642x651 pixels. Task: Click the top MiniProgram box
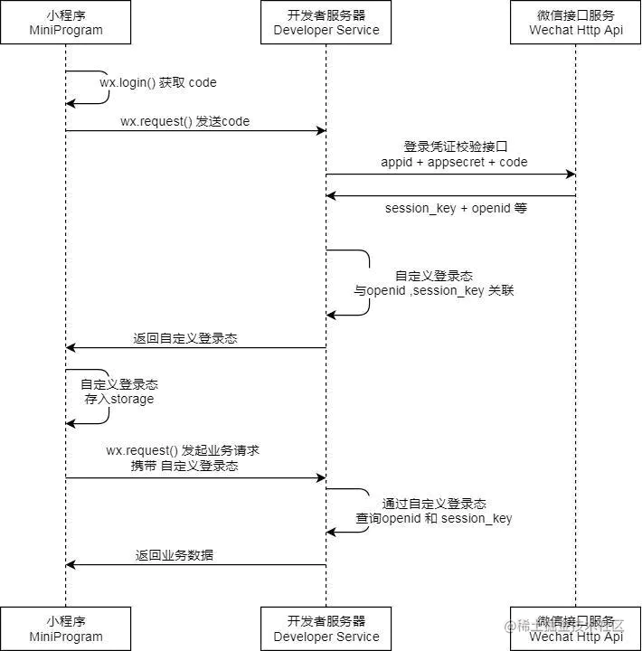point(65,23)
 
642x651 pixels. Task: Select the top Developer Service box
point(326,23)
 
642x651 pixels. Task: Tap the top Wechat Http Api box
point(576,23)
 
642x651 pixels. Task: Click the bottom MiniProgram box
point(65,628)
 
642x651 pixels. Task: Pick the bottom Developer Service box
point(326,628)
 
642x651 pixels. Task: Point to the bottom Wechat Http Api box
point(576,628)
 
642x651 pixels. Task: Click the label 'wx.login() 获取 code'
point(158,82)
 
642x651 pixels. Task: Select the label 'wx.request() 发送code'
point(184,121)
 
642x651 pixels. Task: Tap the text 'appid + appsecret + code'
point(454,162)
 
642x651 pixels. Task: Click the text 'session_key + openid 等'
point(456,208)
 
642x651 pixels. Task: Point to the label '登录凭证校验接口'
point(454,146)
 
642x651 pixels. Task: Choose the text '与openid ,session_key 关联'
point(434,291)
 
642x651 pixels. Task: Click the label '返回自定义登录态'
point(185,338)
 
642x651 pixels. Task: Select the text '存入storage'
point(119,399)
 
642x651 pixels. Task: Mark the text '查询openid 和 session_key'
point(434,518)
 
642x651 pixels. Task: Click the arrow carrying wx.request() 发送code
point(195,131)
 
